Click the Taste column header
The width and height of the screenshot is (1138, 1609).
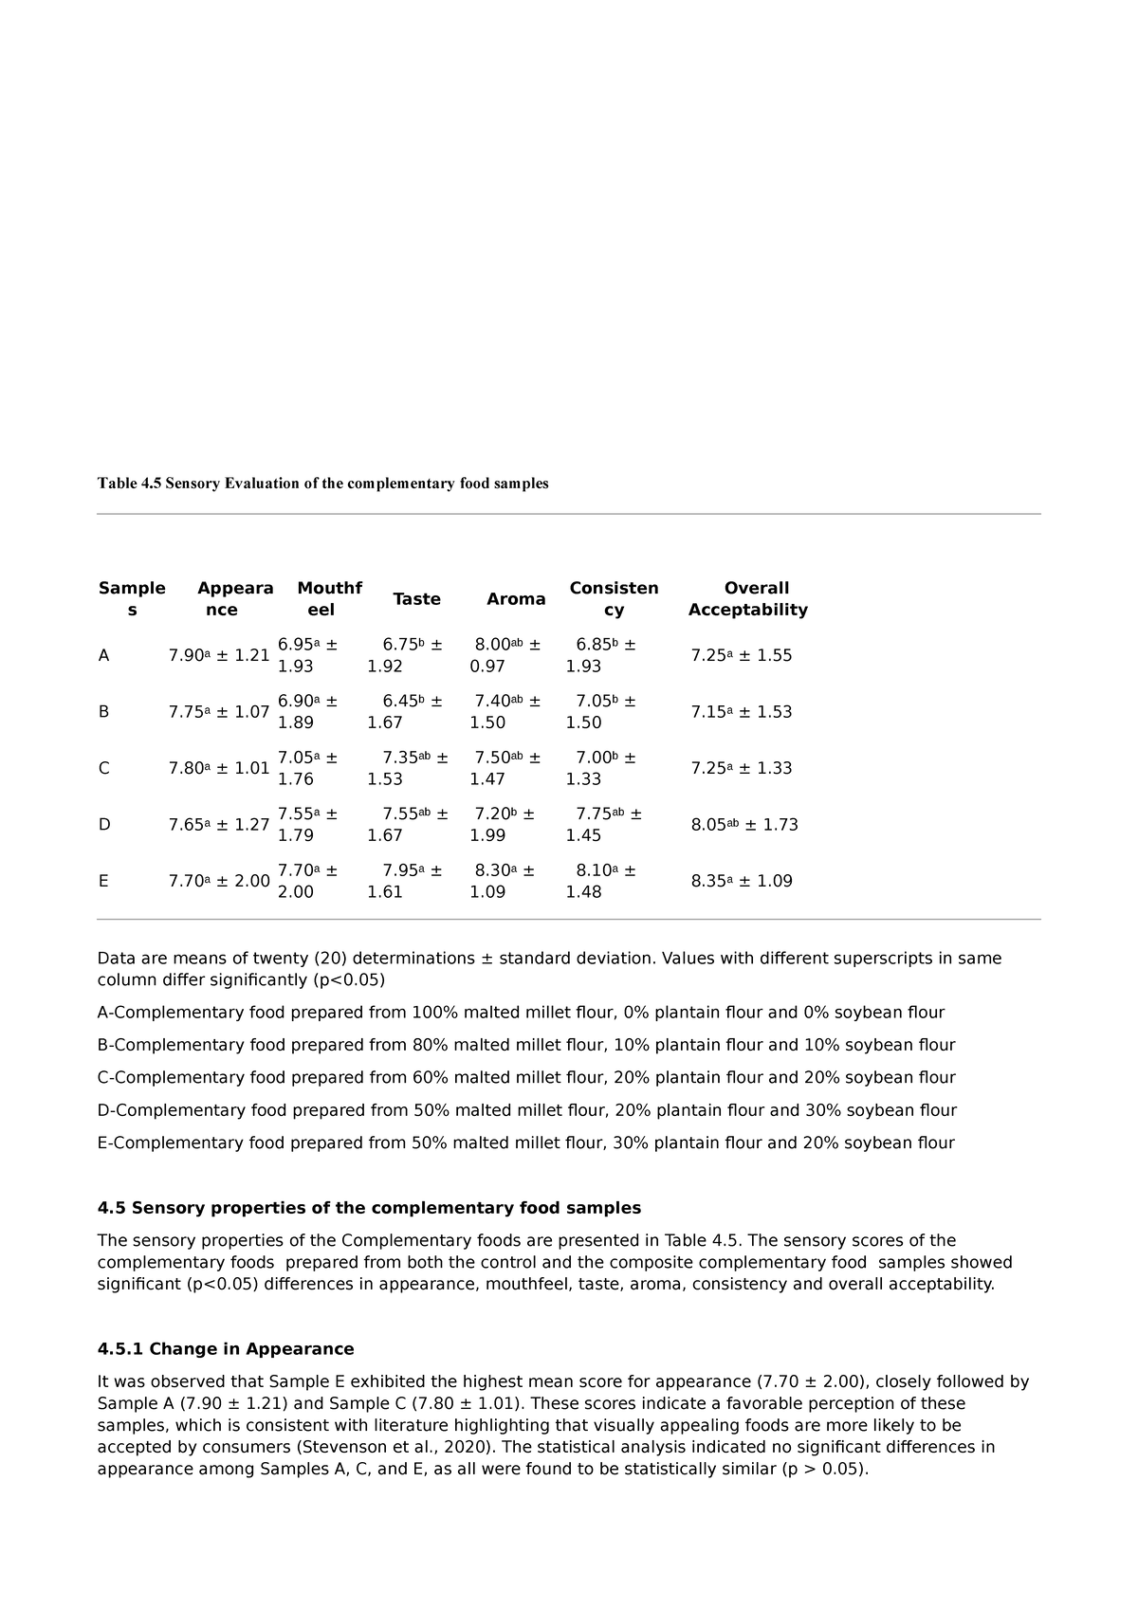pyautogui.click(x=416, y=599)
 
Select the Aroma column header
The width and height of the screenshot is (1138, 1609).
pyautogui.click(x=516, y=599)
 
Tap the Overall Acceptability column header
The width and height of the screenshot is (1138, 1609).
pyautogui.click(x=748, y=599)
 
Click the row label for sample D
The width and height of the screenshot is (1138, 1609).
pyautogui.click(x=103, y=825)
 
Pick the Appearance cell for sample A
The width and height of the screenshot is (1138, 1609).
pyautogui.click(x=218, y=656)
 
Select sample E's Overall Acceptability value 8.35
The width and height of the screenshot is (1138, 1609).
pyautogui.click(x=741, y=881)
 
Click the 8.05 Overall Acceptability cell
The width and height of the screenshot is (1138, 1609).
pyautogui.click(x=744, y=825)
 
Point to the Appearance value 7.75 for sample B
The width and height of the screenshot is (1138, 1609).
pyautogui.click(x=218, y=712)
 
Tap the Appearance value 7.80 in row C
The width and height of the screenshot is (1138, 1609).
pyautogui.click(x=218, y=769)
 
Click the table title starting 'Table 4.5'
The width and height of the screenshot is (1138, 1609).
pyautogui.click(x=322, y=484)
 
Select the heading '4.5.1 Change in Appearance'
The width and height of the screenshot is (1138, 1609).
pyautogui.click(x=226, y=1349)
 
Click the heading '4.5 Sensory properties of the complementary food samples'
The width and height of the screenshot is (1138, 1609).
pyautogui.click(x=369, y=1208)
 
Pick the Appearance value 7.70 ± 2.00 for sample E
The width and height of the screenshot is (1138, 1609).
pyautogui.click(x=218, y=881)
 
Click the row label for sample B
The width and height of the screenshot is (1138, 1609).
pyautogui.click(x=103, y=712)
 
